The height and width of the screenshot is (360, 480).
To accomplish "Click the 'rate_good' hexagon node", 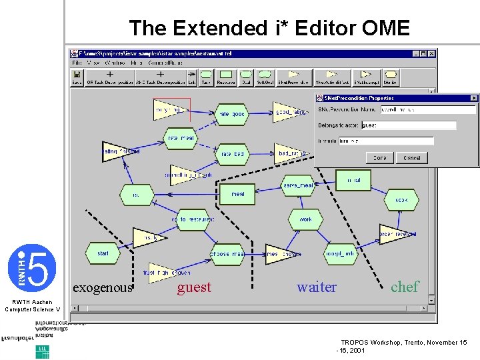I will pos(233,114).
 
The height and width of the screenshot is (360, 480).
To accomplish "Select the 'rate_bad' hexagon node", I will pos(233,154).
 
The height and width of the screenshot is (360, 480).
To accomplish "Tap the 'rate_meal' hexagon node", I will pos(181,139).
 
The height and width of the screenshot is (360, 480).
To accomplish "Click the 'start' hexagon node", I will pos(103,253).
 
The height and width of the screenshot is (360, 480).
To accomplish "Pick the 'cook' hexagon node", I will pos(401,199).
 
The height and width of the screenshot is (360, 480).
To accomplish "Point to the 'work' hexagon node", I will pos(305,219).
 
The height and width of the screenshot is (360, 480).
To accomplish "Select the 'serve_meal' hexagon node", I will pos(297,185).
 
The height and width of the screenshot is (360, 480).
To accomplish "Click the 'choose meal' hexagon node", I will pos(227,254).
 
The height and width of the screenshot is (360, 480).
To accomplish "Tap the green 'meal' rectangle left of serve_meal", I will pos(238,194).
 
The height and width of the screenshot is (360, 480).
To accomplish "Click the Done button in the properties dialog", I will pos(379,158).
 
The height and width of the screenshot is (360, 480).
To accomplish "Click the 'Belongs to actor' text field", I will pos(408,125).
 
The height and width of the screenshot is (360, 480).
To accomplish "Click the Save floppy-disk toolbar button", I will pos(77,78).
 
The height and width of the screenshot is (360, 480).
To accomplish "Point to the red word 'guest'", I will pos(194,287).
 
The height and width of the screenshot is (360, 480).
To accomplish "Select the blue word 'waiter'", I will pos(317,287).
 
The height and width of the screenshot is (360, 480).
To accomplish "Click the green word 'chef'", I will pos(405,287).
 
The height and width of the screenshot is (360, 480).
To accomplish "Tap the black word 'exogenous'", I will pos(103,288).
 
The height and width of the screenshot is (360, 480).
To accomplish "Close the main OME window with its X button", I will pos(432,53).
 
